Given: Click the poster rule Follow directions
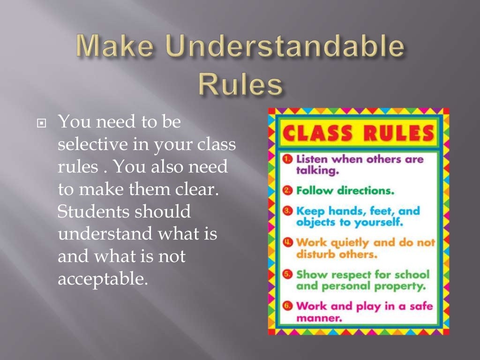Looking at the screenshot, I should click(345, 191).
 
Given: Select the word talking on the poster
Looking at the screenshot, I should click(317, 171).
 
